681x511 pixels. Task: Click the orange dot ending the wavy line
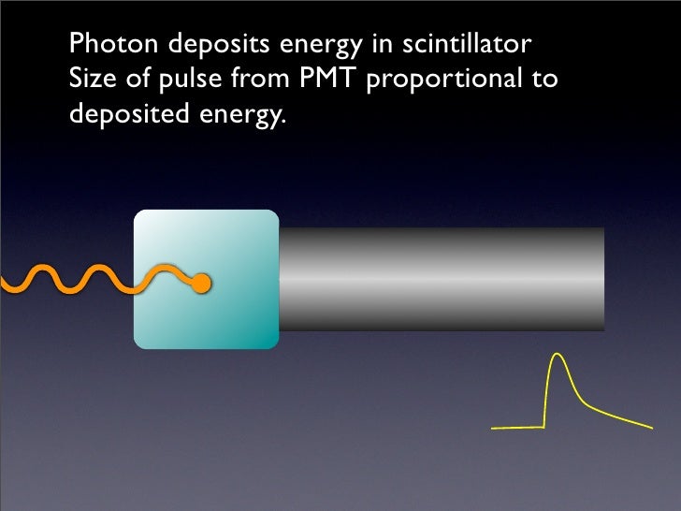[200, 283]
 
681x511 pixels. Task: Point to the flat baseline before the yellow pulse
[517, 428]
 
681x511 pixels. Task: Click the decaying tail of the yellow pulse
[613, 416]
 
